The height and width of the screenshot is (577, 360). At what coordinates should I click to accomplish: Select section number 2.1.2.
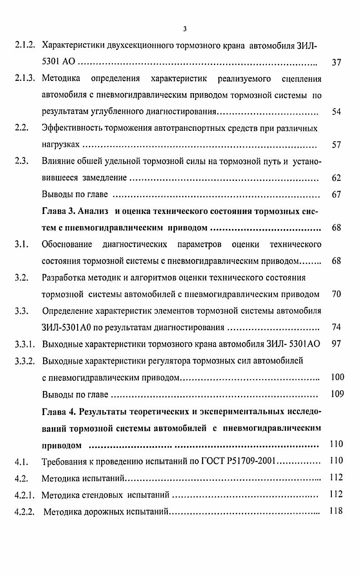tap(25, 45)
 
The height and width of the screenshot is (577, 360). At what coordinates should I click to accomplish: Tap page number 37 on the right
tap(336, 63)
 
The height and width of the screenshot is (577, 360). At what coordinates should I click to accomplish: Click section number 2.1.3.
tap(25, 79)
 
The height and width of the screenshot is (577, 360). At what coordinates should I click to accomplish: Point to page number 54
tap(336, 112)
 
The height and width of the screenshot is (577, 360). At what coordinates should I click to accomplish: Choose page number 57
tap(336, 145)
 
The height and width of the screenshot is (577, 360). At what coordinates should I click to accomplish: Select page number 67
tap(336, 194)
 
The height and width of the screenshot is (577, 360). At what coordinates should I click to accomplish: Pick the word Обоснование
tap(67, 244)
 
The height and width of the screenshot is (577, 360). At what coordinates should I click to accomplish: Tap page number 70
tap(336, 294)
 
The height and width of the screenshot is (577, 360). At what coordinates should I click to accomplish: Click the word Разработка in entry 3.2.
tap(64, 278)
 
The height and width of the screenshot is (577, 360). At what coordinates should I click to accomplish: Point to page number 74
tap(336, 327)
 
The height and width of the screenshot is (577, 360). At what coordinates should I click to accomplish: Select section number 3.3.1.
tap(25, 344)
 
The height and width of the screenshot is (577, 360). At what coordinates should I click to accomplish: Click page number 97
tap(336, 344)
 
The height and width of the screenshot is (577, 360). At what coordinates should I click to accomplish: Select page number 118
tap(336, 511)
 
